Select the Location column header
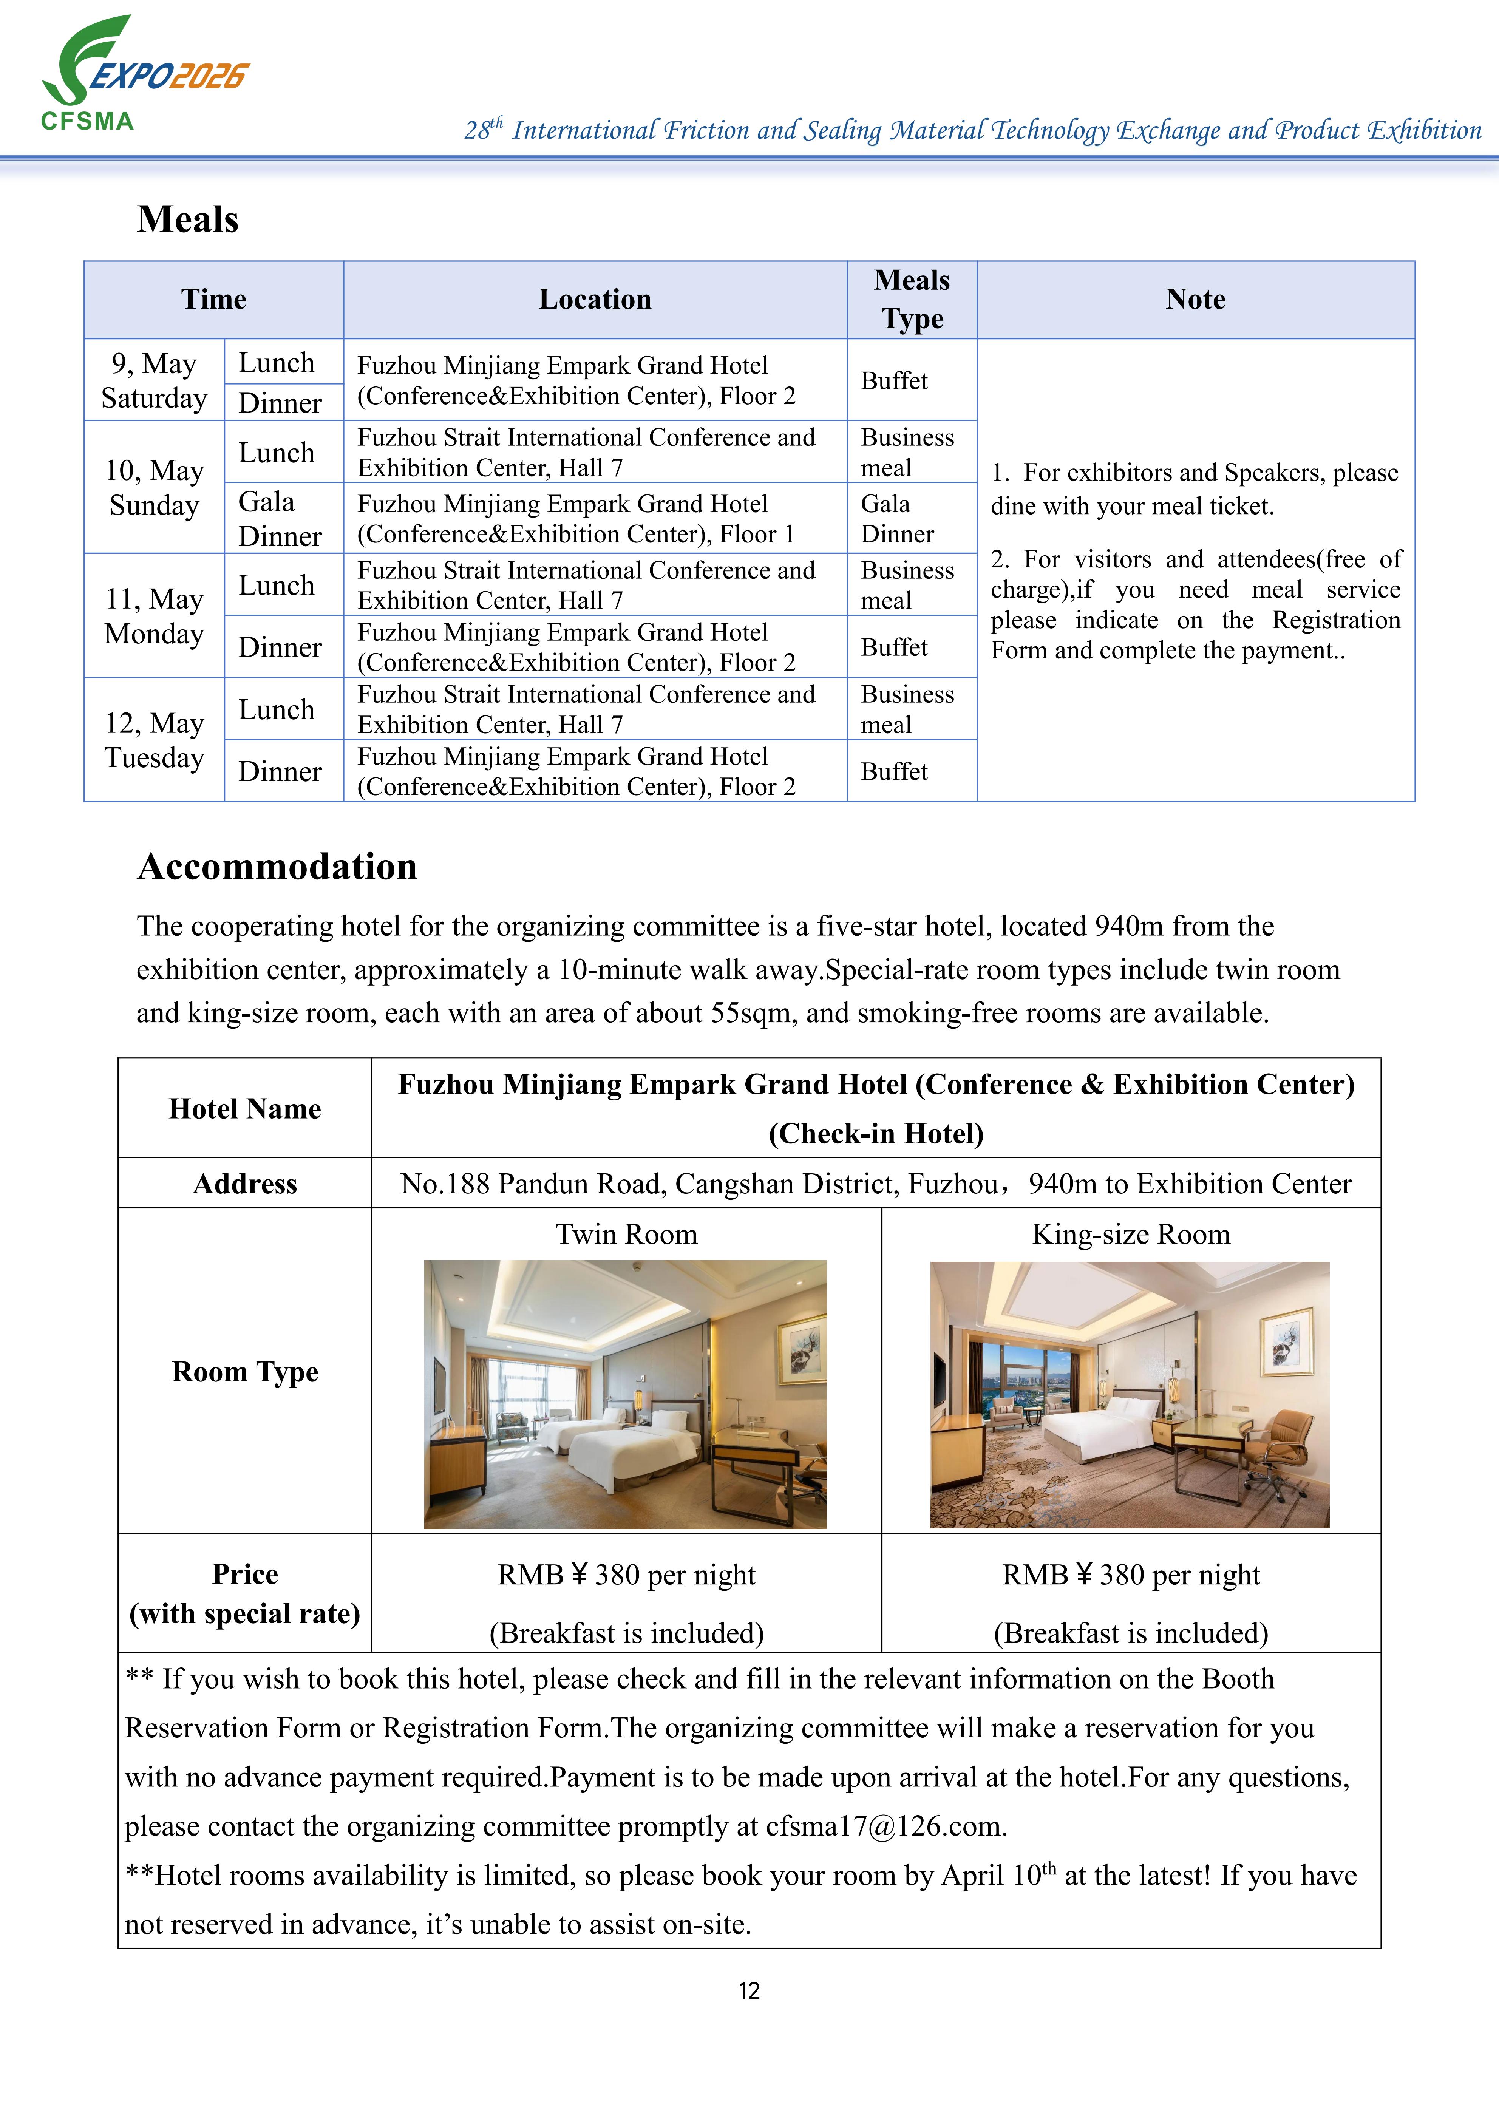coord(595,299)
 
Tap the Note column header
coord(1195,299)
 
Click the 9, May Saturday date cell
coord(154,380)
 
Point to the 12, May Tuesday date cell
coord(154,740)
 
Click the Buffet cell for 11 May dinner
coord(894,647)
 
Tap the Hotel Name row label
coord(245,1108)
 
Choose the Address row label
coord(245,1184)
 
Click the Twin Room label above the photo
coord(626,1235)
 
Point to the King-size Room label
coord(1131,1235)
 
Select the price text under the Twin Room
coord(626,1574)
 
